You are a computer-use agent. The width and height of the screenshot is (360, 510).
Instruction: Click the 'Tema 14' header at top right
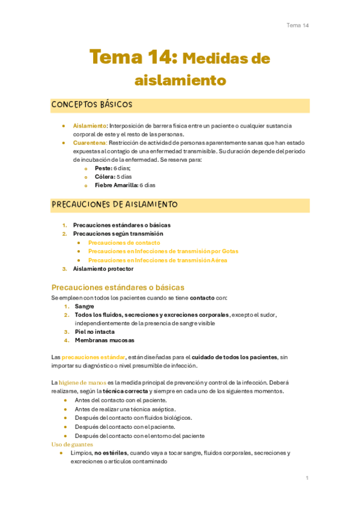coord(297,25)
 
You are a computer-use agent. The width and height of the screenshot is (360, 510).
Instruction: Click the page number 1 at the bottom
coord(307,478)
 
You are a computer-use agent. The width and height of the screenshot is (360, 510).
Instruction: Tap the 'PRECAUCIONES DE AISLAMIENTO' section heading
coord(115,205)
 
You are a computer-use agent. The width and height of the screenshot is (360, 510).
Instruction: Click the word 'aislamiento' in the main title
coord(180,79)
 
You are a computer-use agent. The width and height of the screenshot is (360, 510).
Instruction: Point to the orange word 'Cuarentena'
coord(90,143)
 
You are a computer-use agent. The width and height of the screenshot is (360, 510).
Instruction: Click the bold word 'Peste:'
coord(103,168)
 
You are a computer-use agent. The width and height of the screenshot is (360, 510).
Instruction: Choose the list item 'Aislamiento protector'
coord(103,269)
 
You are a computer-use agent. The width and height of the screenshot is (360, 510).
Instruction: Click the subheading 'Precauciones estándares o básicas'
coord(118,287)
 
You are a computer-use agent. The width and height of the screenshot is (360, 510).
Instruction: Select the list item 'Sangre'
coord(85,306)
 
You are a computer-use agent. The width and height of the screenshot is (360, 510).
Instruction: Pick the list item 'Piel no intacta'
coord(94,331)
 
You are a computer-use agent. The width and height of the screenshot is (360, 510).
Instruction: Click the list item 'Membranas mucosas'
coord(100,340)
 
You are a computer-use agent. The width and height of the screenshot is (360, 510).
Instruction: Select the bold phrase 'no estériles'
coord(110,453)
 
